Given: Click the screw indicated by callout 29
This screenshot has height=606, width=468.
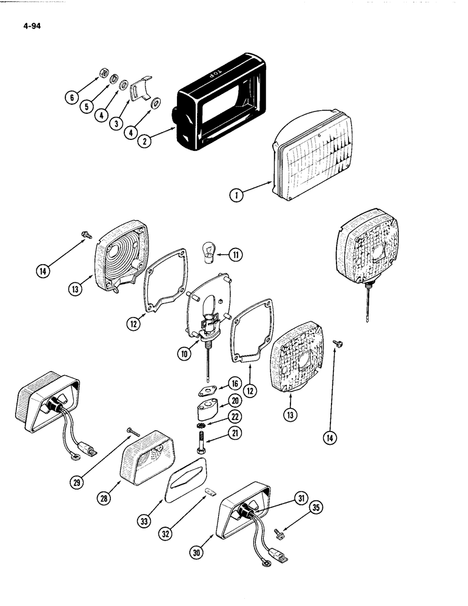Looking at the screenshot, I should click(x=132, y=431).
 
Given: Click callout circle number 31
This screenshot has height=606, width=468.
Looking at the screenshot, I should click(x=298, y=498).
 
